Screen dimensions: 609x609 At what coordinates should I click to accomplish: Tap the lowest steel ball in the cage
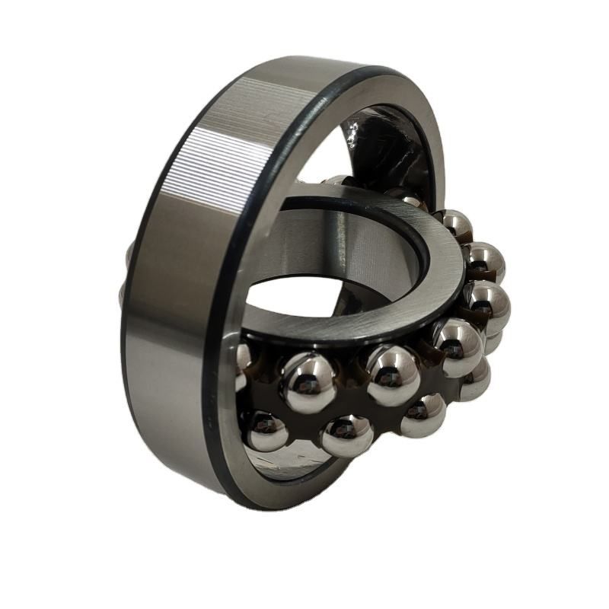(x=347, y=435)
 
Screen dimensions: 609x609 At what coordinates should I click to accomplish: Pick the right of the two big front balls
(x=394, y=375)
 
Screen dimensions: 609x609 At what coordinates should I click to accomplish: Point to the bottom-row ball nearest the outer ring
(x=266, y=430)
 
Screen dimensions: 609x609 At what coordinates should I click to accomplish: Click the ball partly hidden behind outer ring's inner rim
(x=242, y=366)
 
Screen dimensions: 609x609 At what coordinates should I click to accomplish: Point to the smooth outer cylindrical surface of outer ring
(x=164, y=343)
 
